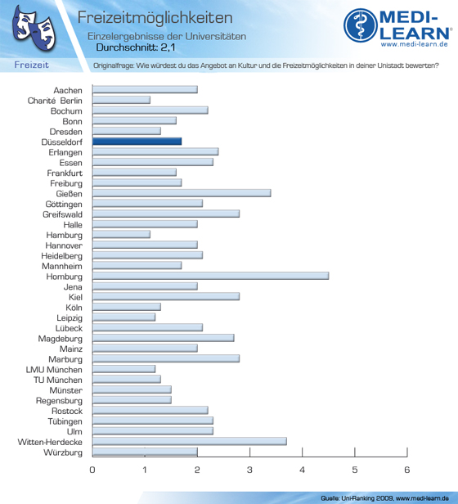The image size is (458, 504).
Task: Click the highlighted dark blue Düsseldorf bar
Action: coord(137,142)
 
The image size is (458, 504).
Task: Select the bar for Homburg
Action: coord(210,276)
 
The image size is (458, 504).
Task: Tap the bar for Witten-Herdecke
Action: coord(190,441)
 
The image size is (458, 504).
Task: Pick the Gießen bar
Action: coord(182,193)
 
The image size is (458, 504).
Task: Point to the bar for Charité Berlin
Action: coord(121,100)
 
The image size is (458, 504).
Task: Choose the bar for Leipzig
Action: coord(123,317)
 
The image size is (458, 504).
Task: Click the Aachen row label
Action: coord(68,90)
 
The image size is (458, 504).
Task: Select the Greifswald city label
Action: coord(62,214)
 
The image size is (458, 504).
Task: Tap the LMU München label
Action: coord(54,370)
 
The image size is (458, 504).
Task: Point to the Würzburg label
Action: coord(63,452)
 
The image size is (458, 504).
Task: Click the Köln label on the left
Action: coord(74,308)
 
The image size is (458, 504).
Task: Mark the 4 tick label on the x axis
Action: coord(302,470)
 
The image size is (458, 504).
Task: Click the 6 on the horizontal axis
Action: coord(407,470)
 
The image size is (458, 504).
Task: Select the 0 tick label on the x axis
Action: coord(92,470)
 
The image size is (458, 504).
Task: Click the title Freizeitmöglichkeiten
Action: coord(155,17)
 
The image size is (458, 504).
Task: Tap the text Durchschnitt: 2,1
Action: coord(136,47)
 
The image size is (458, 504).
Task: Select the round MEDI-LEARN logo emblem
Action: coord(361,25)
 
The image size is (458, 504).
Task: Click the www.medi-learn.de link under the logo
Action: coord(415,44)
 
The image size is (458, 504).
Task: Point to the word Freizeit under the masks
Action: coord(32,65)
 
